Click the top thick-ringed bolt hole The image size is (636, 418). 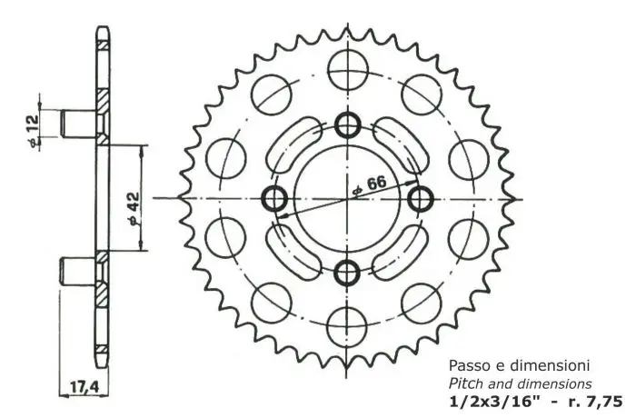pos(348,125)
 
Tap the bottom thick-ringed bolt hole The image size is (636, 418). pos(348,270)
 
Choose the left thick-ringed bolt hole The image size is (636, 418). pos(276,197)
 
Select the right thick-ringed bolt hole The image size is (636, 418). pos(421,197)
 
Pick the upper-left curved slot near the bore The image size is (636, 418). pos(296,144)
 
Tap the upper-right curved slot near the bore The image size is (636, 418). pos(400,144)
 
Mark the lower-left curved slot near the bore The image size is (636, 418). pos(296,250)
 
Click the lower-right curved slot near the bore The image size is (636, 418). pos(400,250)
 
